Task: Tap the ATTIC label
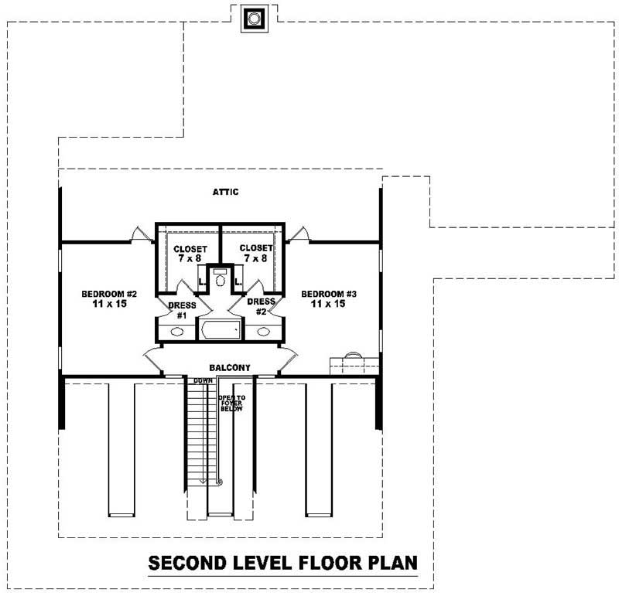[227, 192]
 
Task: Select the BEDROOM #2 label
[109, 294]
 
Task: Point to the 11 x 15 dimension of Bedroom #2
[109, 305]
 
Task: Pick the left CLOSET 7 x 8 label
[189, 253]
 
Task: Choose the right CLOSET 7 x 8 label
[254, 253]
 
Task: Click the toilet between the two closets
[221, 278]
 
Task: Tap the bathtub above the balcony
[221, 332]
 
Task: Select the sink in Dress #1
[177, 332]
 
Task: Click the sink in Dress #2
[264, 332]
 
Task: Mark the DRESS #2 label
[261, 307]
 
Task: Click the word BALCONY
[229, 368]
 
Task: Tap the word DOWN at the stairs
[202, 381]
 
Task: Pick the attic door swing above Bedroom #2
[137, 234]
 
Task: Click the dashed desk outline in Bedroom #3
[354, 363]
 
